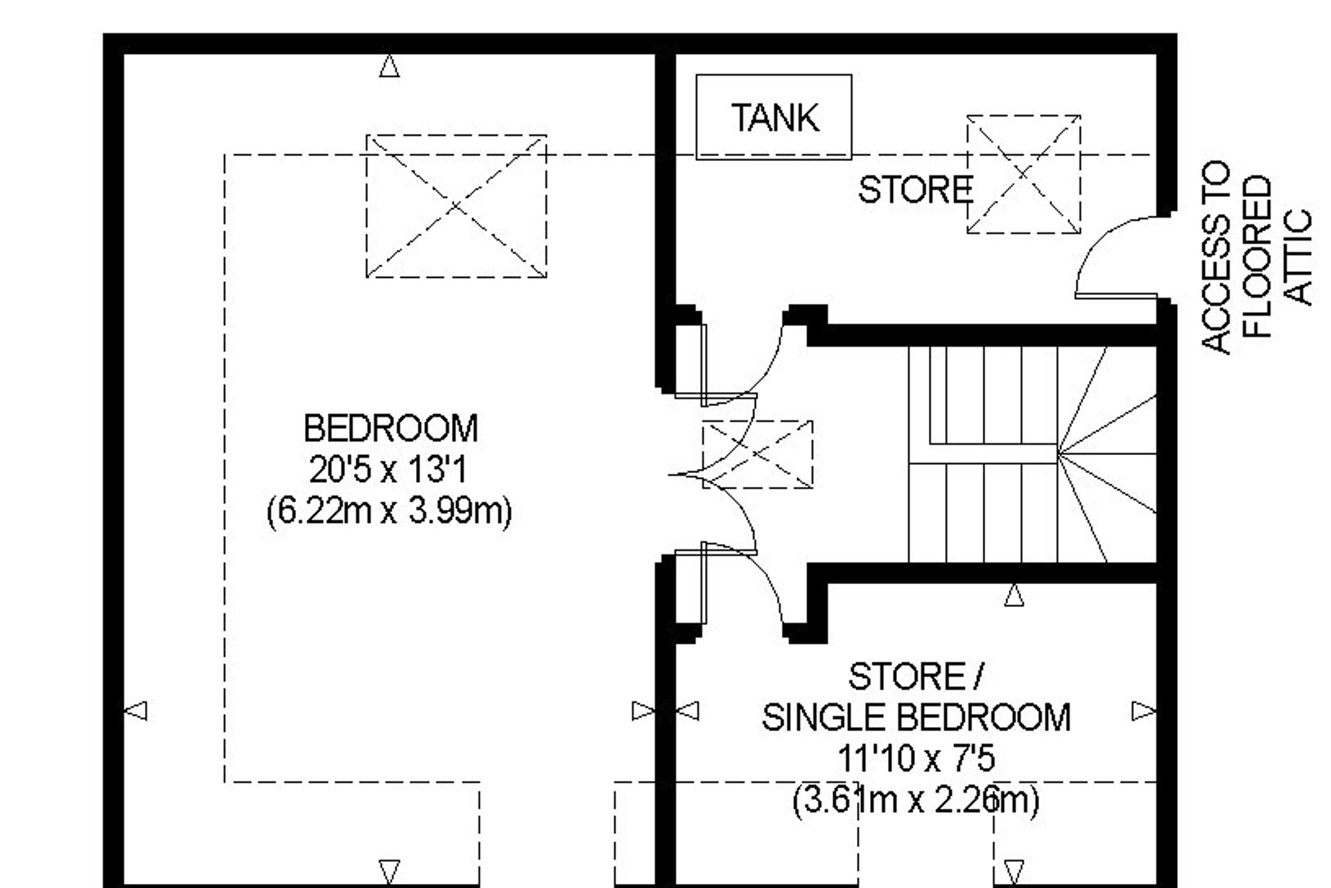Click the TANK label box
tap(774, 117)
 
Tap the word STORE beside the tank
tap(916, 189)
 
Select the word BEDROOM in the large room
tap(391, 428)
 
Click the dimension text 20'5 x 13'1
tap(388, 470)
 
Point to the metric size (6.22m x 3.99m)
tap(390, 512)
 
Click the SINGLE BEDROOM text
tap(916, 717)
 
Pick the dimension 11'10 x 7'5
tap(916, 758)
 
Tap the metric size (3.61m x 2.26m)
tap(916, 800)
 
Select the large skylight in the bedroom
tap(456, 206)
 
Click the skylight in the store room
tap(1024, 174)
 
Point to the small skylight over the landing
tap(758, 454)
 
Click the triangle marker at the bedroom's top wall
tap(390, 67)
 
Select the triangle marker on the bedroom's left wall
tap(136, 710)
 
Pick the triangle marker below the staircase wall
tap(1014, 595)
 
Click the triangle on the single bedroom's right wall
tap(1144, 711)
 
